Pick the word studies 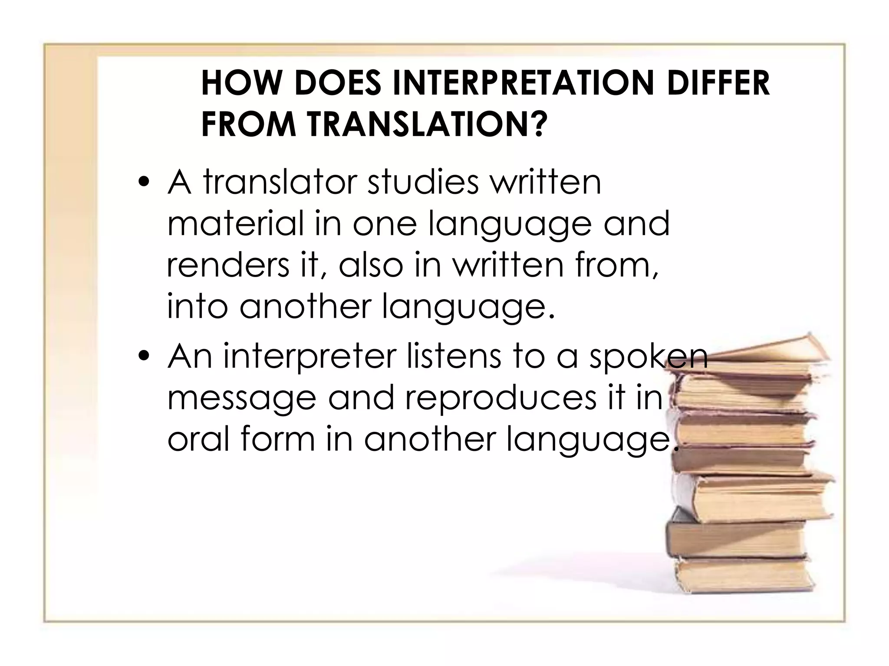tap(423, 182)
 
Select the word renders tap(227, 265)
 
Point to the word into tap(198, 307)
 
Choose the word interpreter tap(310, 356)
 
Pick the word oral tap(198, 440)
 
